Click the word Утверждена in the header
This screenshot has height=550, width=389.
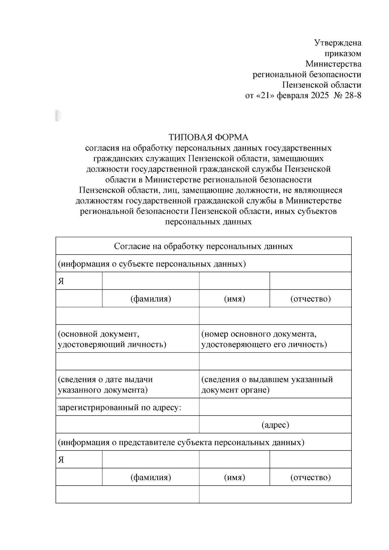(338, 43)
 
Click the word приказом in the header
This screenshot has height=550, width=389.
(343, 53)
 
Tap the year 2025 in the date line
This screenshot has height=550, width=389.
(320, 96)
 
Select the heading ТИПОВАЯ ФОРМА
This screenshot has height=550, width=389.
(208, 137)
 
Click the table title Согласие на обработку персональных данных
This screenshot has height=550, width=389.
(203, 246)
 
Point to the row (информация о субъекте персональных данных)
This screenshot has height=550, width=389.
(152, 264)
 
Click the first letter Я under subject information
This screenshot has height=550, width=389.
(61, 281)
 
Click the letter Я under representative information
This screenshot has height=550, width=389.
(61, 460)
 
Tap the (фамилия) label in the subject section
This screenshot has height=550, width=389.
(151, 299)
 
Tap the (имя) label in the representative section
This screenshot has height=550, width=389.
(234, 477)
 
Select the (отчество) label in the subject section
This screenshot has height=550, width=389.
(310, 299)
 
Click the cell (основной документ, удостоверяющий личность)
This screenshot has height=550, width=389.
(112, 339)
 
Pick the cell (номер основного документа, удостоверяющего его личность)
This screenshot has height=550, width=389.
(264, 339)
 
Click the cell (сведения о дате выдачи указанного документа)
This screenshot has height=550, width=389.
(105, 384)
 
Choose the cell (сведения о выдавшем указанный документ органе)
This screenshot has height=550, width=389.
(267, 384)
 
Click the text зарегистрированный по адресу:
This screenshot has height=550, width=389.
(119, 407)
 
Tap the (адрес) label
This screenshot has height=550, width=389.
(275, 425)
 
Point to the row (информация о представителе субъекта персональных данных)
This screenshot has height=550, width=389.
(181, 442)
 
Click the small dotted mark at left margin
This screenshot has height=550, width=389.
(58, 116)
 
